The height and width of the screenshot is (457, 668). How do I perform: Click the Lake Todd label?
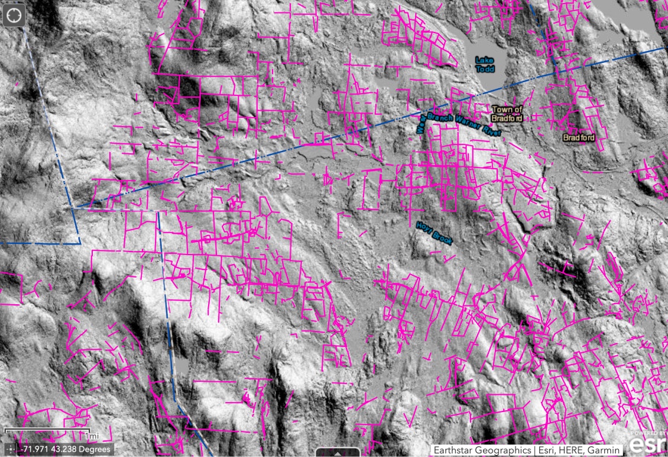coord(485,65)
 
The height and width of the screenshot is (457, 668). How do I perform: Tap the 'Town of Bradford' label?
coord(507,114)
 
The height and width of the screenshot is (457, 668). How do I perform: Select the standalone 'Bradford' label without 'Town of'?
coord(578,138)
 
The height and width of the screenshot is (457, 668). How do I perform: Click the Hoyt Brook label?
coord(433,233)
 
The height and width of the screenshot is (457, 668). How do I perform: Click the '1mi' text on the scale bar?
coord(91,436)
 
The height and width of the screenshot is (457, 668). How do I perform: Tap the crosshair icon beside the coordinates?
coord(12,449)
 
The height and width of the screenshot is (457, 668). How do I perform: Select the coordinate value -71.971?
coord(35,449)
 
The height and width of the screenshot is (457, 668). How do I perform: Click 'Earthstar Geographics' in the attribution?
coord(482,450)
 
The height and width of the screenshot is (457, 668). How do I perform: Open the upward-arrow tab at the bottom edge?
coord(333,452)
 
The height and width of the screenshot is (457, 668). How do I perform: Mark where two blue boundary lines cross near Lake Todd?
coord(556,72)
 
